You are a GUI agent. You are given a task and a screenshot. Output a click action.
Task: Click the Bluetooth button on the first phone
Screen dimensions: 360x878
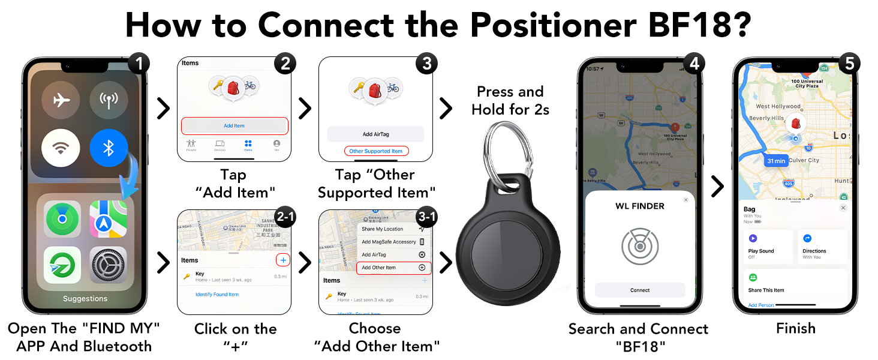[x=109, y=148]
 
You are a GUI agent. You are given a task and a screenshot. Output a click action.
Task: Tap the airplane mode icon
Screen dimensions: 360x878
[x=61, y=100]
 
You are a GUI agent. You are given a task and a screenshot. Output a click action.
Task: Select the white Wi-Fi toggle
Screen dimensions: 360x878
[x=61, y=148]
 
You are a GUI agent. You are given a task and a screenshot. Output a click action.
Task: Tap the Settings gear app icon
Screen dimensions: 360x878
[x=109, y=265]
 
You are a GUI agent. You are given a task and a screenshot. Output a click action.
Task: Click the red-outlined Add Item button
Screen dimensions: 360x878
[x=234, y=126]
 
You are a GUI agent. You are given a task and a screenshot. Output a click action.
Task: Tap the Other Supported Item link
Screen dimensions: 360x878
[x=375, y=151]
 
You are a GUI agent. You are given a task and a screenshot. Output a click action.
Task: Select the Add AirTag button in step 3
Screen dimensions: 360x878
[x=375, y=134]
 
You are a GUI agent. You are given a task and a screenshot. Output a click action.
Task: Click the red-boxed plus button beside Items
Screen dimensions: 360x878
[x=283, y=260]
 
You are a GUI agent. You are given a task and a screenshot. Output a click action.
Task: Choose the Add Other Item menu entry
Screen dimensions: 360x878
[x=393, y=268]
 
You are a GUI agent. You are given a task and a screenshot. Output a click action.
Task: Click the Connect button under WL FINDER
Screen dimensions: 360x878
[x=639, y=290]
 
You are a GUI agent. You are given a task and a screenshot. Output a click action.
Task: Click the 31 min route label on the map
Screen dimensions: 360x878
[x=775, y=161]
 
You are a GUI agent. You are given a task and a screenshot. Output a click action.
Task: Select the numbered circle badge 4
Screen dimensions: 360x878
[x=693, y=64]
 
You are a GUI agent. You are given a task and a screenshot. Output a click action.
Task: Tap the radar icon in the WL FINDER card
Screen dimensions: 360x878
[x=639, y=246]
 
